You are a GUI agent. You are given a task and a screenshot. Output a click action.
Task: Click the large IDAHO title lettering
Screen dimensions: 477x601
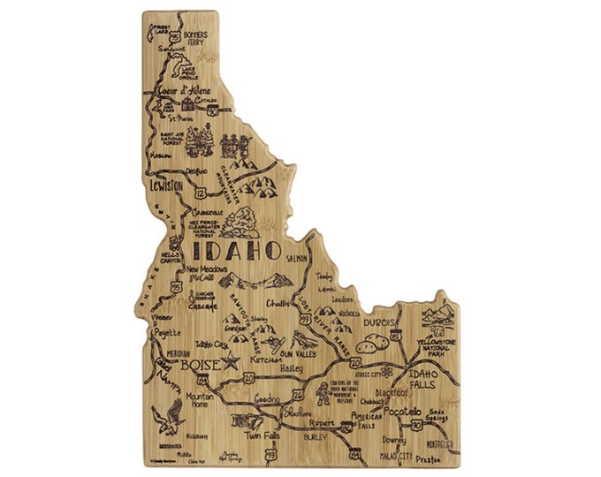click(236, 250)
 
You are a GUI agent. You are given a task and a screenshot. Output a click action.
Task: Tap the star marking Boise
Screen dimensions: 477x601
click(232, 361)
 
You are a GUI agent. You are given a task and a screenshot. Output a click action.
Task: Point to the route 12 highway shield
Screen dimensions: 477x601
click(202, 192)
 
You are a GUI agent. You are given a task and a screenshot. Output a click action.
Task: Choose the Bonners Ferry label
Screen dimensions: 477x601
click(196, 37)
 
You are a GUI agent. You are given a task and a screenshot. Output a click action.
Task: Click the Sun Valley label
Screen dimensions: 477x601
click(298, 351)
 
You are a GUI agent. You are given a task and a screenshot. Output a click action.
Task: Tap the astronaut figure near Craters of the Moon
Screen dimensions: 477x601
click(322, 395)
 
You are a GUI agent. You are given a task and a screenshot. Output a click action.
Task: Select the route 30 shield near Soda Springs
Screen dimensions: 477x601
click(416, 426)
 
